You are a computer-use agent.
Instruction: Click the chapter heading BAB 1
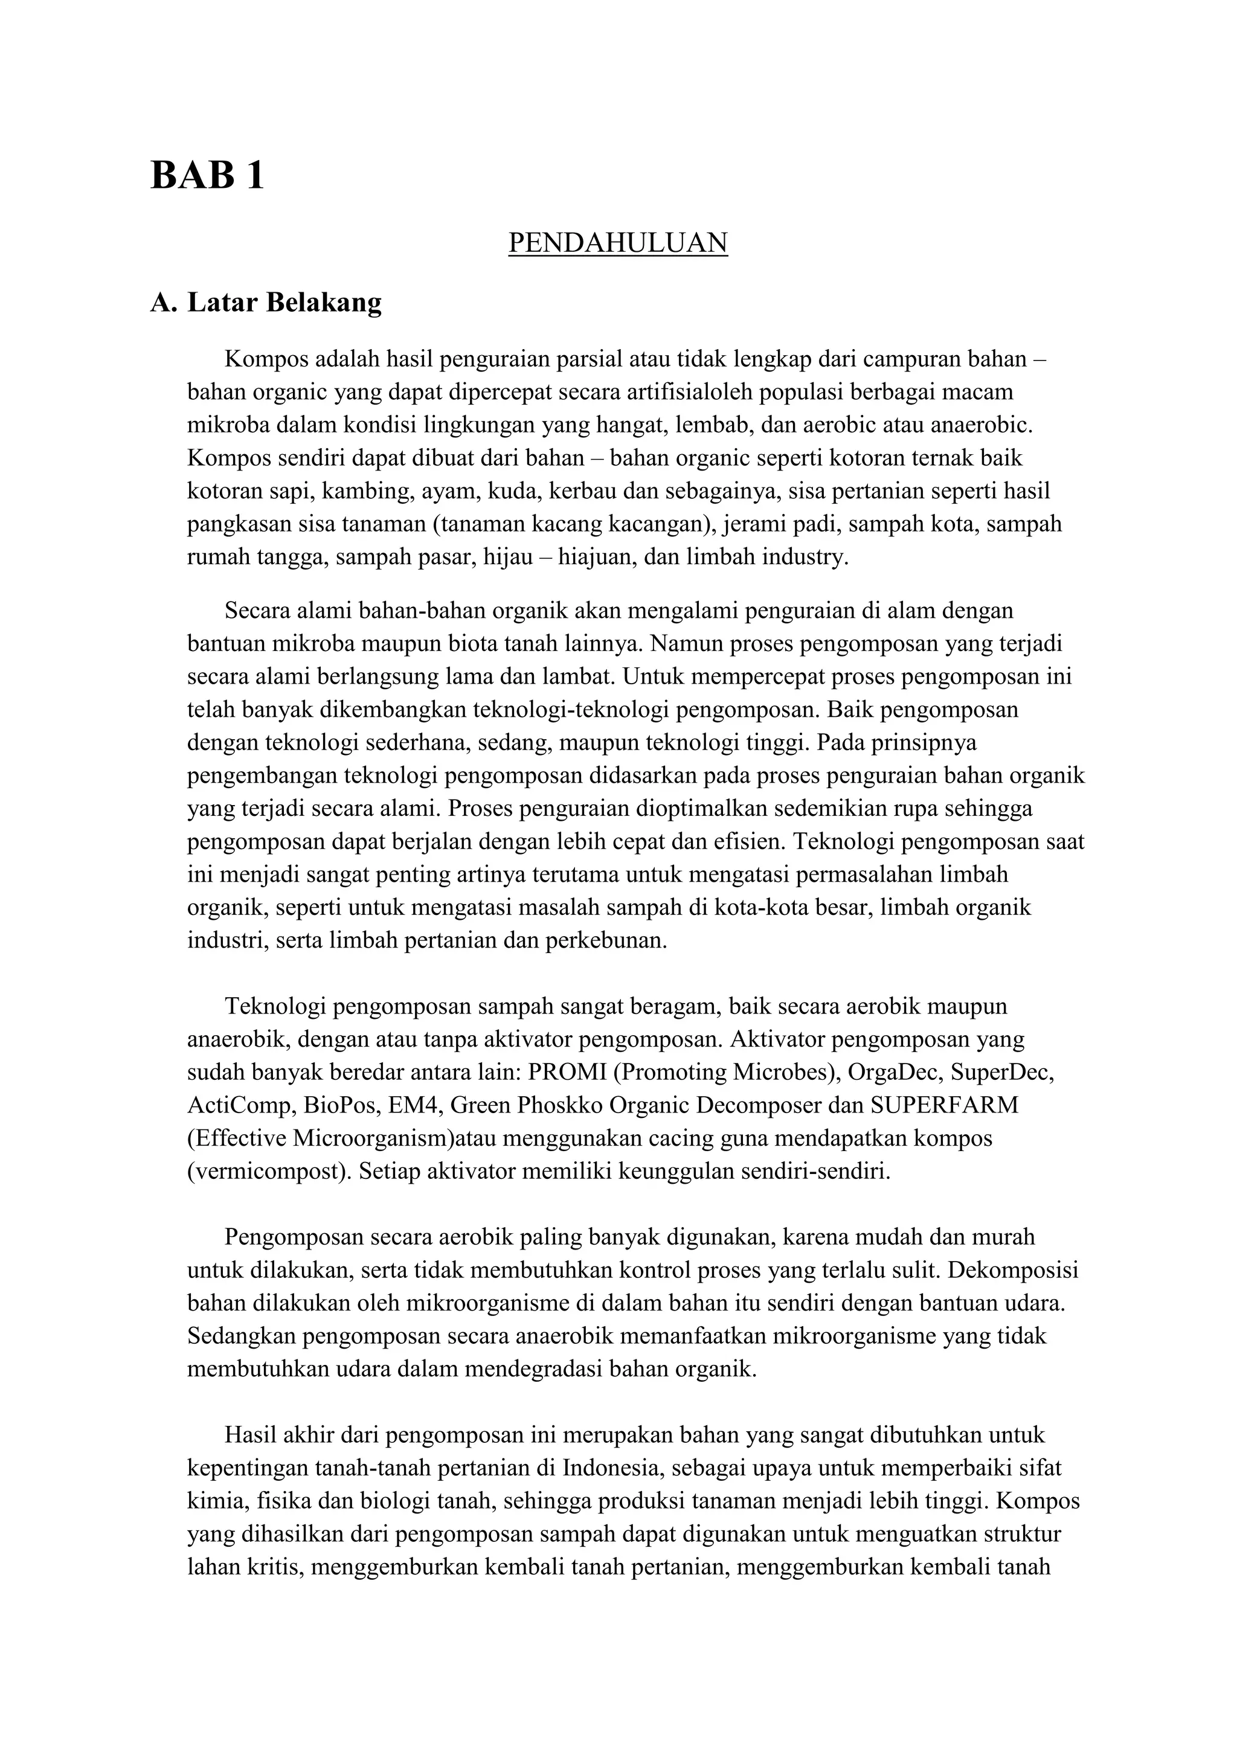click(x=207, y=175)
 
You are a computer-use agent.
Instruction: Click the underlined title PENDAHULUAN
click(x=618, y=243)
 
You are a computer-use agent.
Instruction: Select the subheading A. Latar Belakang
click(x=266, y=303)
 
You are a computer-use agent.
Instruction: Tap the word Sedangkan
click(x=244, y=1336)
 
